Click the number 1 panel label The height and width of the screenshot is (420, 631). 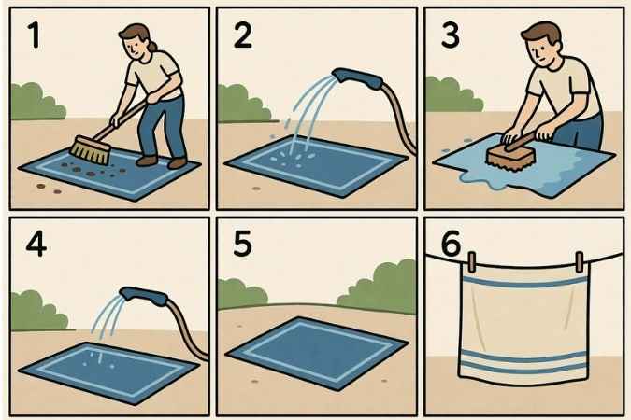[35, 35]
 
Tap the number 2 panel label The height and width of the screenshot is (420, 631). [243, 35]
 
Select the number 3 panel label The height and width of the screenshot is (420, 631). [451, 35]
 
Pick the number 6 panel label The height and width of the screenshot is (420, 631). [451, 244]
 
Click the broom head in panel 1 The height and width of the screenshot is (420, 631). [91, 150]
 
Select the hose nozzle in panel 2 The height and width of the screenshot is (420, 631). [357, 78]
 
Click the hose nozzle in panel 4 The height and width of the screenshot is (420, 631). [144, 296]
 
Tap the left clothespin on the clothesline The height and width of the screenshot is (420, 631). [472, 261]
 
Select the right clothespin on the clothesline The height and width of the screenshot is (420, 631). [580, 261]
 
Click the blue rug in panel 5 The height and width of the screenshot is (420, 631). [317, 354]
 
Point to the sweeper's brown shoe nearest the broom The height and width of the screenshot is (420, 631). [147, 161]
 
